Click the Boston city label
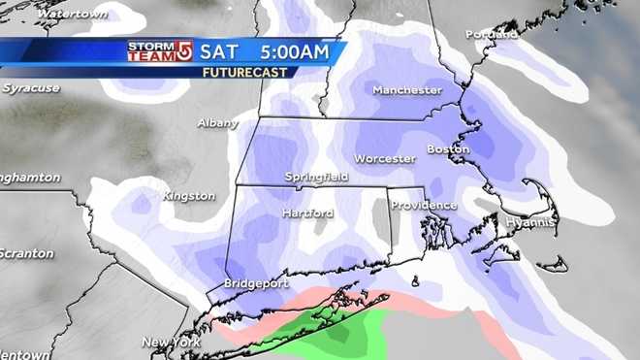pos(448,149)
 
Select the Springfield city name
pos(316,178)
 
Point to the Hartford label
pos(307,213)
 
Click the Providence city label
pos(424,206)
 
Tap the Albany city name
pos(216,123)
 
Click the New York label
pos(171,343)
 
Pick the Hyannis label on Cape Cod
pos(529,223)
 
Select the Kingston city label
pos(188,196)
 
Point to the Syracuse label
pos(31,88)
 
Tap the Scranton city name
pos(26,253)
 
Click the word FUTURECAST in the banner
pos(248,72)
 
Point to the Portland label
pos(491,34)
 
